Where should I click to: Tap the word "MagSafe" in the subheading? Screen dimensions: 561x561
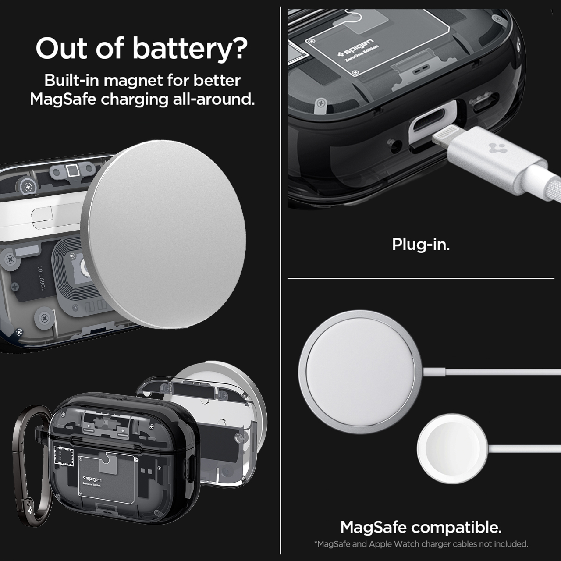coord(63,99)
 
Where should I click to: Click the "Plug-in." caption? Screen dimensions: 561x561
coord(421,245)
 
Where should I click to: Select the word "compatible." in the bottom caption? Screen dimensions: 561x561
coord(456,527)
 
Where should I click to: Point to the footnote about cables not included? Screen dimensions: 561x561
coord(421,544)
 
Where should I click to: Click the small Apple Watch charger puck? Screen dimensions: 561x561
coord(452,449)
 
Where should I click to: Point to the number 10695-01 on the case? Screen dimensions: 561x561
coord(42,278)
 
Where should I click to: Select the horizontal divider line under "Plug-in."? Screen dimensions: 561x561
coord(421,279)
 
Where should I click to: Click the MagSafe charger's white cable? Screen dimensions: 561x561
coord(492,372)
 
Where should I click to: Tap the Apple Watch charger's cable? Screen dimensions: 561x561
coord(524,449)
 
